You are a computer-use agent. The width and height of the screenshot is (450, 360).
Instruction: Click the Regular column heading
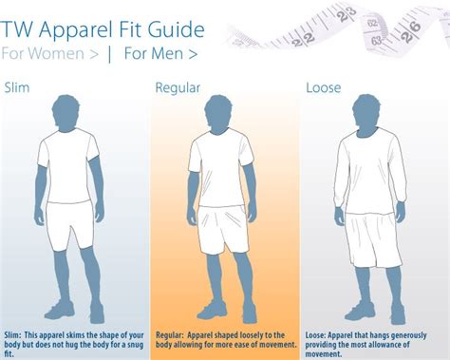pos(177,88)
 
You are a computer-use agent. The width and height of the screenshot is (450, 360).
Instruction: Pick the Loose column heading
pos(324,88)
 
